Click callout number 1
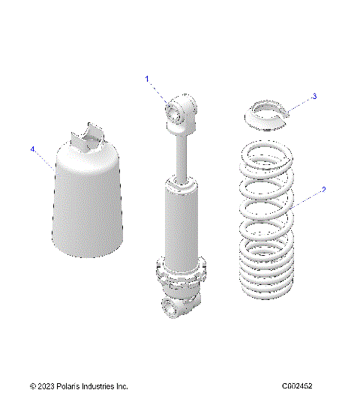[x=148, y=79]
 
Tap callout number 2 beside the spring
[x=323, y=190]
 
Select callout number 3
[x=314, y=97]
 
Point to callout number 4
[x=33, y=149]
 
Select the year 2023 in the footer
[x=44, y=386]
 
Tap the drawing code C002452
[x=297, y=386]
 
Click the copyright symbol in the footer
[x=32, y=386]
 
